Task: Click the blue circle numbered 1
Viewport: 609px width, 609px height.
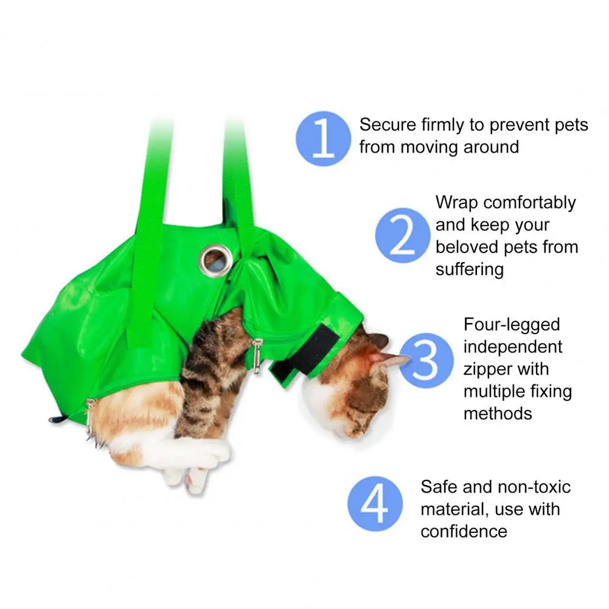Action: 323,138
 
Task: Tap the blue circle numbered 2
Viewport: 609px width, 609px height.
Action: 402,235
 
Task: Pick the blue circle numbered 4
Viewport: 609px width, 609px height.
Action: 375,503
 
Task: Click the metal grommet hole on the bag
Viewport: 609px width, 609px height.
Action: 215,260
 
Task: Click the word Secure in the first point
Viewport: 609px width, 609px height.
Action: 388,125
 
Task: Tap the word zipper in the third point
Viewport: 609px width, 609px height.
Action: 488,369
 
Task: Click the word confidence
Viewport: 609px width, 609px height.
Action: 464,531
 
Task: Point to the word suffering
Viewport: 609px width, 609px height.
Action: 469,270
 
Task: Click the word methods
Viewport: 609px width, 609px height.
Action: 498,413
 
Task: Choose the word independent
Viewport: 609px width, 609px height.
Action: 512,347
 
